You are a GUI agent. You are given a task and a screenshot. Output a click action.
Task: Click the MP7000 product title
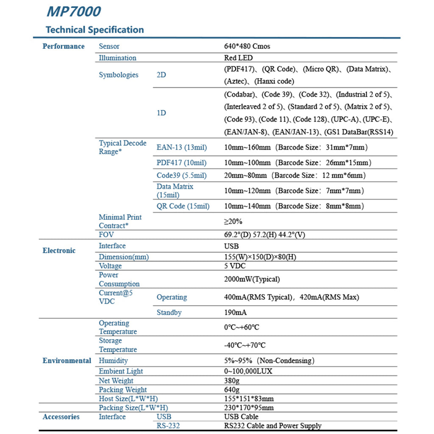[x=73, y=11]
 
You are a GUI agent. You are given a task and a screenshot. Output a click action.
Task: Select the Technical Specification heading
[x=95, y=30]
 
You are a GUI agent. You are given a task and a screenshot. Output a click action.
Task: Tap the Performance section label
[x=64, y=46]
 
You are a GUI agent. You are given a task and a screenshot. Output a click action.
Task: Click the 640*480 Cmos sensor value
[x=247, y=46]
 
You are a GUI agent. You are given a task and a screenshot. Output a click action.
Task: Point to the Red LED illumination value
[x=238, y=58]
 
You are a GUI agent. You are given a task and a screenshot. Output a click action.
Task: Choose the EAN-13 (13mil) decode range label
[x=182, y=147]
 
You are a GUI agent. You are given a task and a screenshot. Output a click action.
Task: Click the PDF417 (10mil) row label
[x=181, y=163]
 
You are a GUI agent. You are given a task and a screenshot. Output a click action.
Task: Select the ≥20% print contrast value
[x=233, y=221]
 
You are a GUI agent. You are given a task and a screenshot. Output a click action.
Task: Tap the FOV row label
[x=106, y=234]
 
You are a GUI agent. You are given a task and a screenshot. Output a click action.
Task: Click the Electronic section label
[x=59, y=250]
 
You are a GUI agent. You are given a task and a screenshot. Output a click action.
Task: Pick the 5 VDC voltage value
[x=235, y=266]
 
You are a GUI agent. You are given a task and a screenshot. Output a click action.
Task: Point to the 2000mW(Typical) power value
[x=252, y=279]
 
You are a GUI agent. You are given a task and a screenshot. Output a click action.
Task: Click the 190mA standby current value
[x=235, y=313]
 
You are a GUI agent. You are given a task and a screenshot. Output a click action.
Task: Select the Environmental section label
[x=67, y=361]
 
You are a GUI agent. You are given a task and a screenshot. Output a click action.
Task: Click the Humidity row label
[x=113, y=361]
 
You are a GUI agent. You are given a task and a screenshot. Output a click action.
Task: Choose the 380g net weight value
[x=232, y=381]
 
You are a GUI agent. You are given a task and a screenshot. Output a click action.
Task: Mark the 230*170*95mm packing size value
[x=249, y=408]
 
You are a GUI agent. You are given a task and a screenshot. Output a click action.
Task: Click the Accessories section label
[x=61, y=417]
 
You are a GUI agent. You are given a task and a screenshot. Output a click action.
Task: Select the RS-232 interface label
[x=168, y=426]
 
